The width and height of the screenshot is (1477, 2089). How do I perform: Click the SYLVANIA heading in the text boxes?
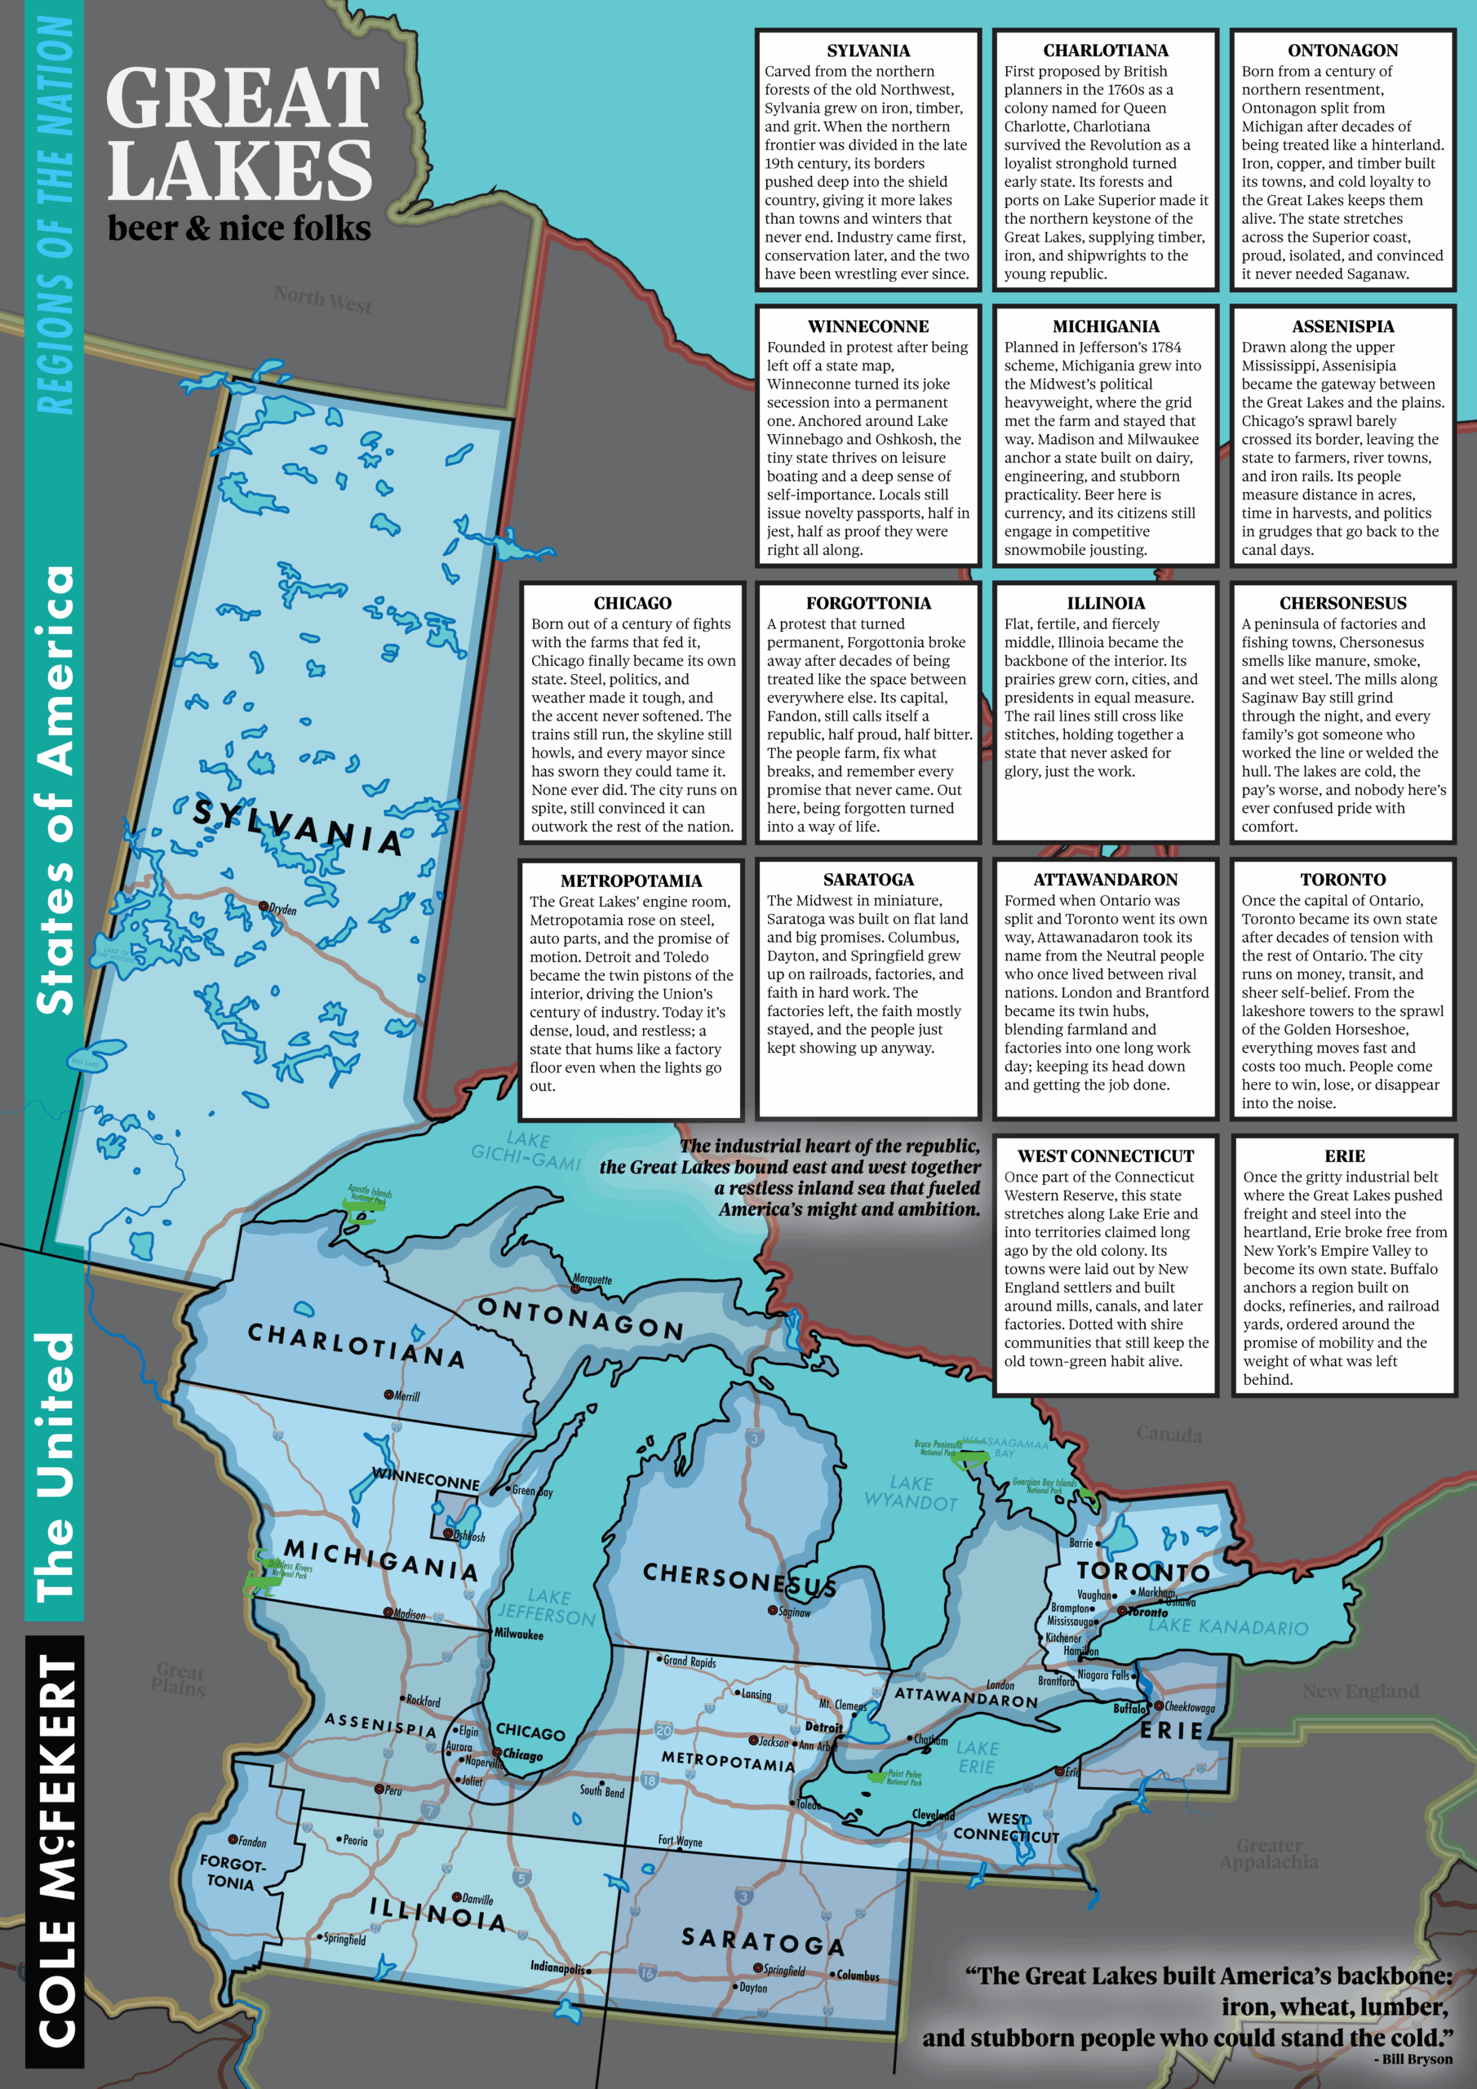pos(867,51)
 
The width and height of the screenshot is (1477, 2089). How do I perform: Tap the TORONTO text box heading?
pos(1342,880)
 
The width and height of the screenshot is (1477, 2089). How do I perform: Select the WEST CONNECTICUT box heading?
pos(1105,1156)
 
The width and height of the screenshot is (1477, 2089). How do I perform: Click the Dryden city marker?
pos(264,907)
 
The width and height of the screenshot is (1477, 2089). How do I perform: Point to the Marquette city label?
pos(592,1280)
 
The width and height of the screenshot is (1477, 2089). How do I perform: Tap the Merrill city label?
pos(406,1395)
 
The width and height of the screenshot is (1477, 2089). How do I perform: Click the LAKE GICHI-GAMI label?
pos(526,1150)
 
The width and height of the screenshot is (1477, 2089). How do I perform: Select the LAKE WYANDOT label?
pos(910,1493)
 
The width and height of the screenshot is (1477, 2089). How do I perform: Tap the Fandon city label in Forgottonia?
pos(252,1842)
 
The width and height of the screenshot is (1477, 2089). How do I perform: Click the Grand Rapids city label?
pos(689,1661)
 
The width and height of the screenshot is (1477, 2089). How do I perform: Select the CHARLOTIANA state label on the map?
pos(356,1346)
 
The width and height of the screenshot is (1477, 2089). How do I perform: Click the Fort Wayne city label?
pos(680,1841)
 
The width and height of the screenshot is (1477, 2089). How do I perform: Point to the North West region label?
pos(322,299)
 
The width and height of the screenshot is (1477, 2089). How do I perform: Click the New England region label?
pos(1359,1691)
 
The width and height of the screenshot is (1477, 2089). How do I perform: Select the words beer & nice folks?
pos(238,228)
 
